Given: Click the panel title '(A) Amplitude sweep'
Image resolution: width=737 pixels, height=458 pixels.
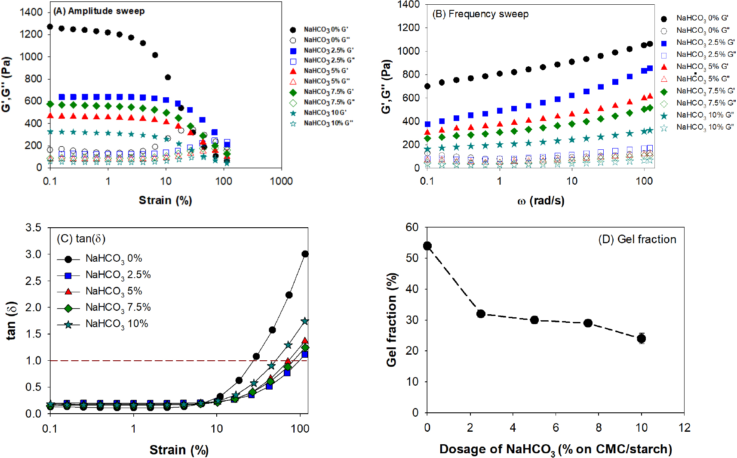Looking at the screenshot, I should (x=99, y=11).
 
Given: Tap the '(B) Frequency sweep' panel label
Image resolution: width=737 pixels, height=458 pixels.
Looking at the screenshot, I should (x=480, y=14).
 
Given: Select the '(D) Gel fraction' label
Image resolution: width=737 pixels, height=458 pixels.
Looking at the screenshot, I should (x=637, y=239).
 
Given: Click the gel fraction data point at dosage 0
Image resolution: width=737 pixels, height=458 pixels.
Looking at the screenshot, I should (x=427, y=246).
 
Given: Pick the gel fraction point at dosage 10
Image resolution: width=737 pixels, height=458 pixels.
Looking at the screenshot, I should (x=642, y=338).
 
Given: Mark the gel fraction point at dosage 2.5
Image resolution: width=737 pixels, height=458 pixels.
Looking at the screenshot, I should (x=481, y=314).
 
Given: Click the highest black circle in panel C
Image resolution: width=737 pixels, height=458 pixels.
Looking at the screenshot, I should (x=305, y=254).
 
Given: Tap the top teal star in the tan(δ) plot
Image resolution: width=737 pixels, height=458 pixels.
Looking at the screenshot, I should (x=305, y=321).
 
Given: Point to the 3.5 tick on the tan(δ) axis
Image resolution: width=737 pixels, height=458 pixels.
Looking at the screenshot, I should (x=34, y=227).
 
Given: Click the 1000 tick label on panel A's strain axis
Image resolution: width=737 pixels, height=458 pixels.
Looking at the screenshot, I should (x=281, y=181).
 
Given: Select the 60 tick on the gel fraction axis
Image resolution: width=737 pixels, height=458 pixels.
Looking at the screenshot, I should (x=412, y=227).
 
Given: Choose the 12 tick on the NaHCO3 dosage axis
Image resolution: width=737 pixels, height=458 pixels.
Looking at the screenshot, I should (x=684, y=427).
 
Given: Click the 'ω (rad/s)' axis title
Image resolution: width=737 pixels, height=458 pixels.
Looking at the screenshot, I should (x=541, y=201).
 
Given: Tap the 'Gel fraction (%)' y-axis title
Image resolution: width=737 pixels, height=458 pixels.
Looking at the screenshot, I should (x=391, y=319).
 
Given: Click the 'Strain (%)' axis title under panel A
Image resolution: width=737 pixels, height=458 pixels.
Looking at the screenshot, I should (x=165, y=200).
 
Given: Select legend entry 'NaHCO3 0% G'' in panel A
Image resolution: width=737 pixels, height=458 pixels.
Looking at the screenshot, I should (x=326, y=30).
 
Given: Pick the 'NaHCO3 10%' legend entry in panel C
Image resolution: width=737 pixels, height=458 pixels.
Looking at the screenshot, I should (x=117, y=324).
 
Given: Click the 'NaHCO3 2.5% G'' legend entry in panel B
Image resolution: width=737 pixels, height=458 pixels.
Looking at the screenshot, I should (x=702, y=42).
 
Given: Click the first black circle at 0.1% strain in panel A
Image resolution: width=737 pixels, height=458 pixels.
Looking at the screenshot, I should (x=50, y=27).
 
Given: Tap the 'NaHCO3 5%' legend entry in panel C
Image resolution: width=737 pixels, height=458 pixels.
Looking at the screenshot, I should (x=114, y=291).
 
